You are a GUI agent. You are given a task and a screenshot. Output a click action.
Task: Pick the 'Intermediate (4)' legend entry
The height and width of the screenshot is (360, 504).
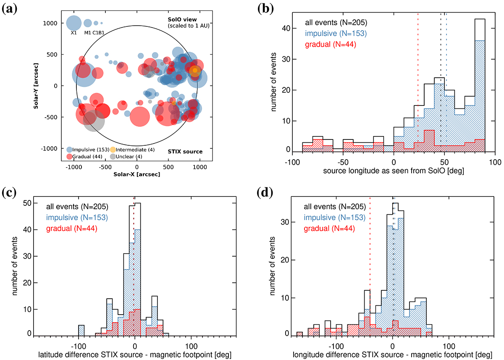139,150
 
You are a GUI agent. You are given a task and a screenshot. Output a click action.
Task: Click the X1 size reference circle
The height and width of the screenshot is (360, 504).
73,23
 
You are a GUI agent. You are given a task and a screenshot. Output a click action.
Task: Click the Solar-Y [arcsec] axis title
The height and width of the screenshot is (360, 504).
37,86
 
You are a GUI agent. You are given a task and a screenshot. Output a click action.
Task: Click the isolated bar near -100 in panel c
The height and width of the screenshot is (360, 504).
81,330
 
